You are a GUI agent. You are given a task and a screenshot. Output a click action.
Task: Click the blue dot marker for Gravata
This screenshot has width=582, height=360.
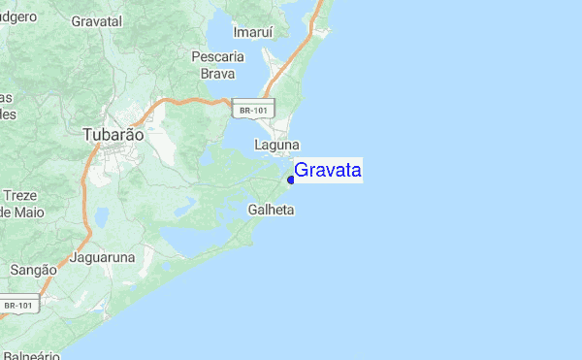[291, 180]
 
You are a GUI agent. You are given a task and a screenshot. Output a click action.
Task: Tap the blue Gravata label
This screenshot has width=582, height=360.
[328, 171]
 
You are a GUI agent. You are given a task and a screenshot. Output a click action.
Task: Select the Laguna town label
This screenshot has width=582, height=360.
[276, 146]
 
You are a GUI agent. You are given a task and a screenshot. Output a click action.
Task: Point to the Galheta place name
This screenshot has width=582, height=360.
[272, 210]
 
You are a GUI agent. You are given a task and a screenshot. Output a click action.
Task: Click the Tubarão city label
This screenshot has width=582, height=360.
[113, 136]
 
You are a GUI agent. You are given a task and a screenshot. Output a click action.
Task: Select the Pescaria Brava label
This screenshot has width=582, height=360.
[217, 64]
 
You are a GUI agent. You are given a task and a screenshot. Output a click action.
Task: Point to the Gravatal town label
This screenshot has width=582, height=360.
[96, 19]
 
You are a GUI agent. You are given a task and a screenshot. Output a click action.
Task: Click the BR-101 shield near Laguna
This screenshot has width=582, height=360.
[253, 111]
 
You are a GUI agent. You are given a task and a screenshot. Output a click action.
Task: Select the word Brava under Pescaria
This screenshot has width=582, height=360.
[217, 73]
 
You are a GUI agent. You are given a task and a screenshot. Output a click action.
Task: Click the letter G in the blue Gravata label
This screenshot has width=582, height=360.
[301, 171]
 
